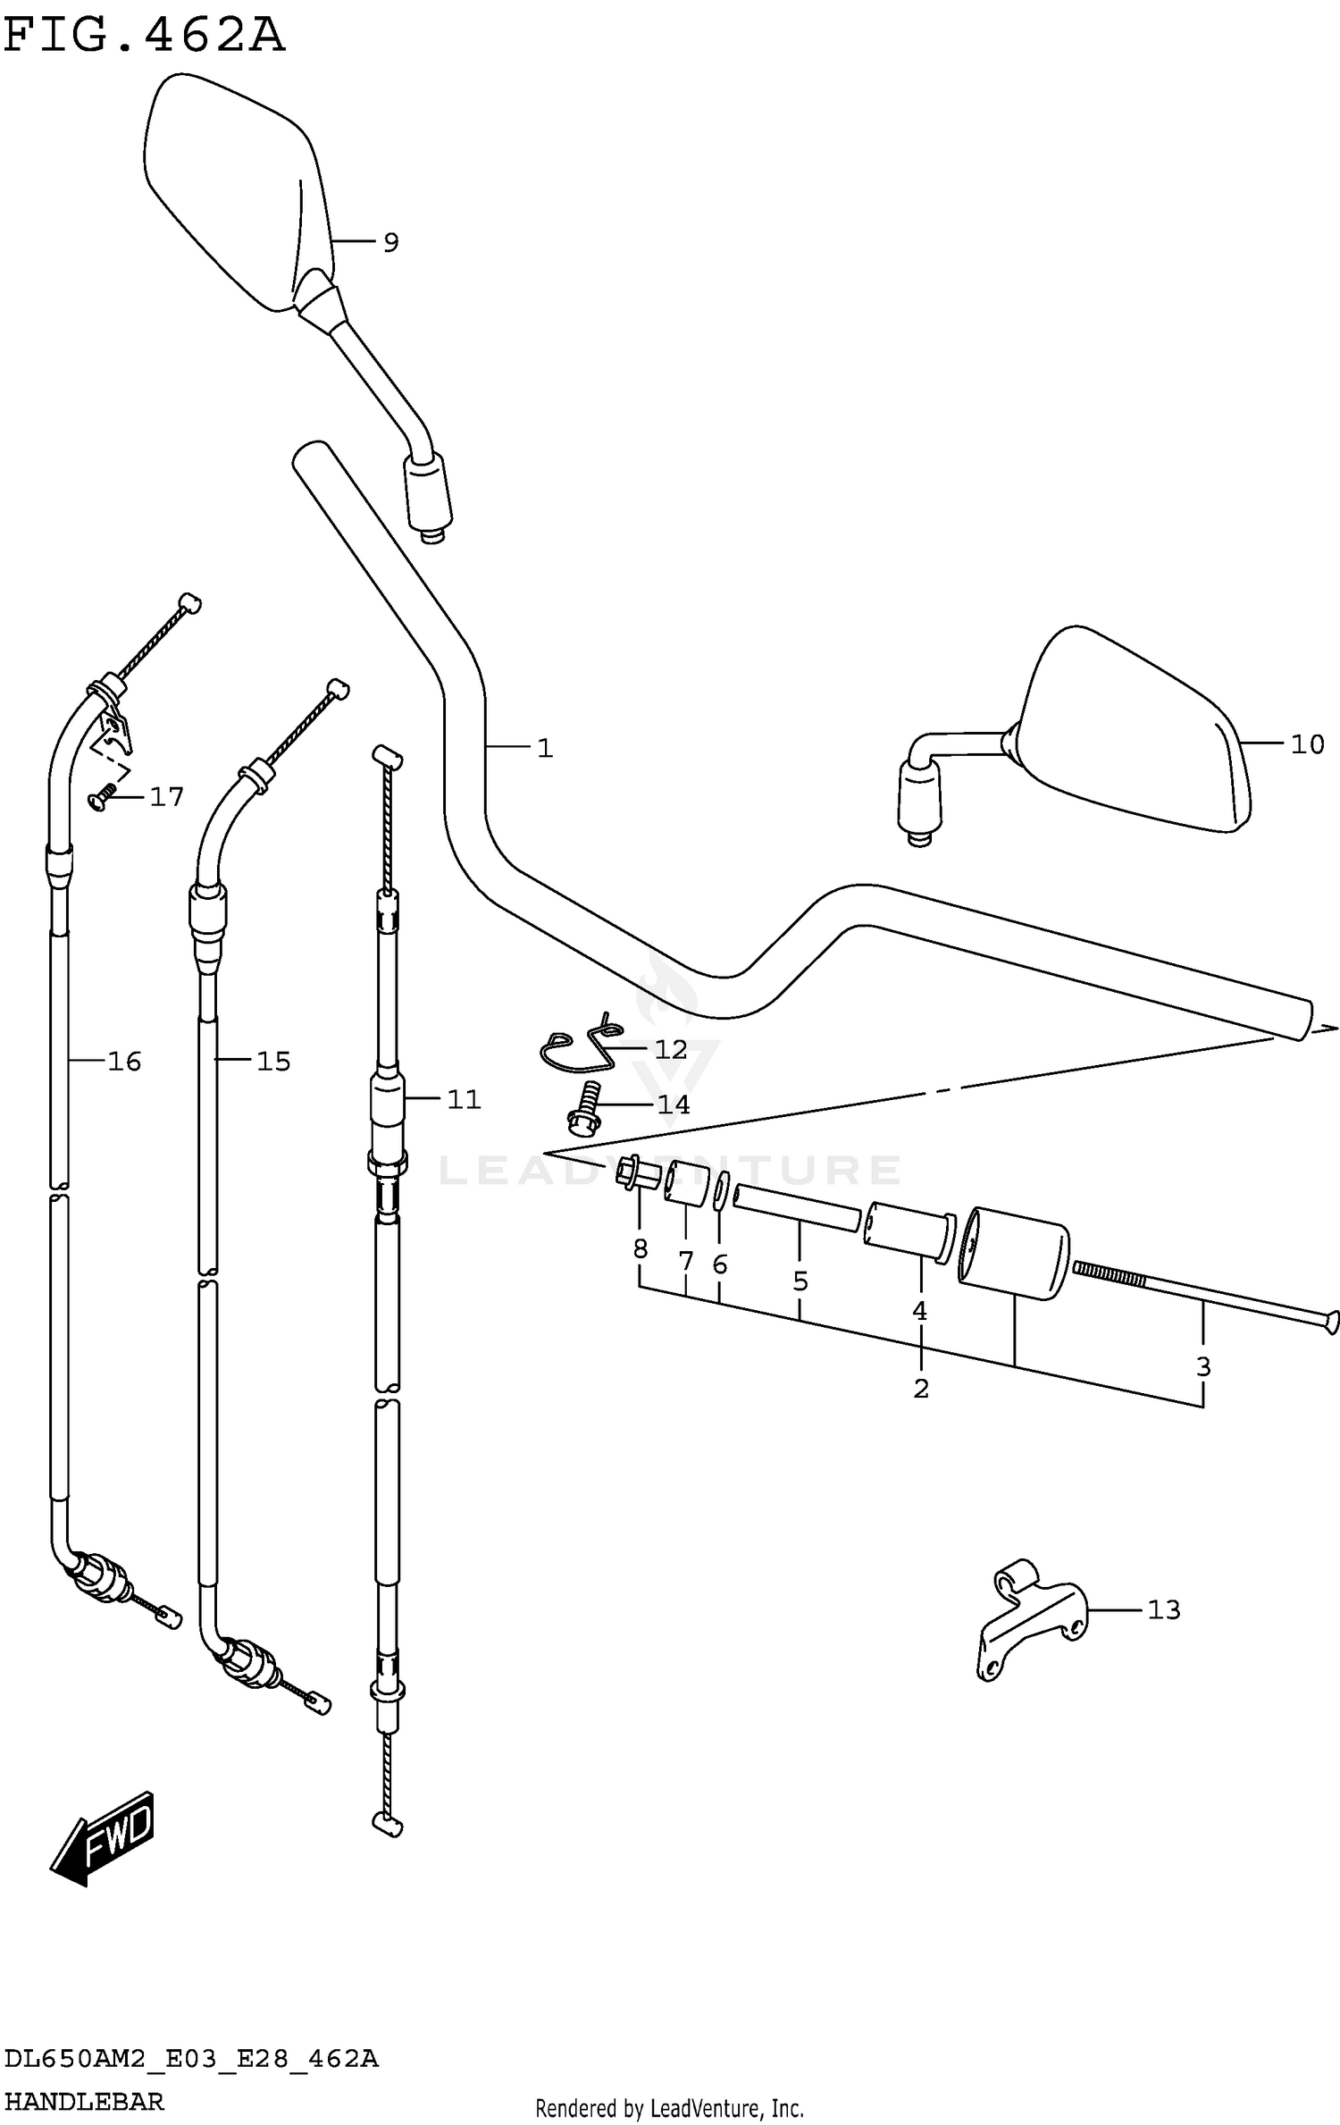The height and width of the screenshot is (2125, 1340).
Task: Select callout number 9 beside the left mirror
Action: (x=390, y=242)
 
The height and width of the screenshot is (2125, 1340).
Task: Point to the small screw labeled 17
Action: (x=102, y=796)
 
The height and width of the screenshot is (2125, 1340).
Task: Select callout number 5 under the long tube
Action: (x=800, y=1281)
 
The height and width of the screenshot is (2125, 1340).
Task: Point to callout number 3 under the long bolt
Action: (x=1202, y=1366)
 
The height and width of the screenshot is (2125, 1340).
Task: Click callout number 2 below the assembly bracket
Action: (x=921, y=1389)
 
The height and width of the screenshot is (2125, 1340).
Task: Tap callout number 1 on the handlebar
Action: (x=545, y=748)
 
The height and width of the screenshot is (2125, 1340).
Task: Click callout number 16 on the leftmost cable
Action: (x=124, y=1061)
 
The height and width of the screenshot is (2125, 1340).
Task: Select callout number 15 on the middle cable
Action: (x=273, y=1061)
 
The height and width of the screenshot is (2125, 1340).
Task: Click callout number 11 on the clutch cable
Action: (x=464, y=1099)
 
